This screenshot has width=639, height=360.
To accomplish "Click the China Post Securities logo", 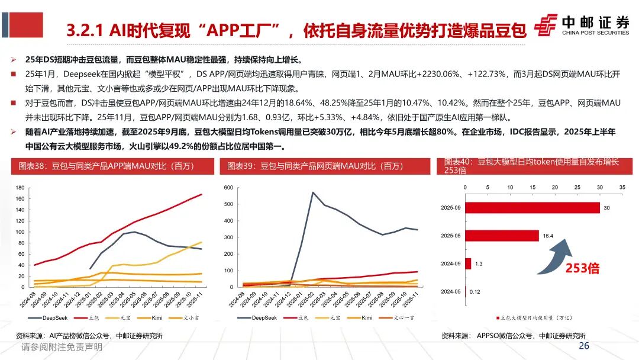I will click(x=582, y=25).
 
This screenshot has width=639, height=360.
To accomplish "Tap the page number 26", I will click(x=584, y=346).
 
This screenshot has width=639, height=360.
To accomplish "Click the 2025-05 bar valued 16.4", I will click(x=502, y=236).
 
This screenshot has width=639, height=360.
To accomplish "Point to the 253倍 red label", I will click(x=582, y=268).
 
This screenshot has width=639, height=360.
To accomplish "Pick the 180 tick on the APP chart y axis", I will click(x=20, y=188).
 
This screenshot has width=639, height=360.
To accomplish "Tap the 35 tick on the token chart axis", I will click(x=622, y=187).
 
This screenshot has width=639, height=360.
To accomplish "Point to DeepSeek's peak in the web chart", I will click(x=312, y=192).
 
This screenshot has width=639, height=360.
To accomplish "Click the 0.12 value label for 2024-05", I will click(x=475, y=292).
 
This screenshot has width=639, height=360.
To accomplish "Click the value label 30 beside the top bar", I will click(x=606, y=208).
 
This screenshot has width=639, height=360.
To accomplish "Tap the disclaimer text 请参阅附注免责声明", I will click(x=62, y=348).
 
